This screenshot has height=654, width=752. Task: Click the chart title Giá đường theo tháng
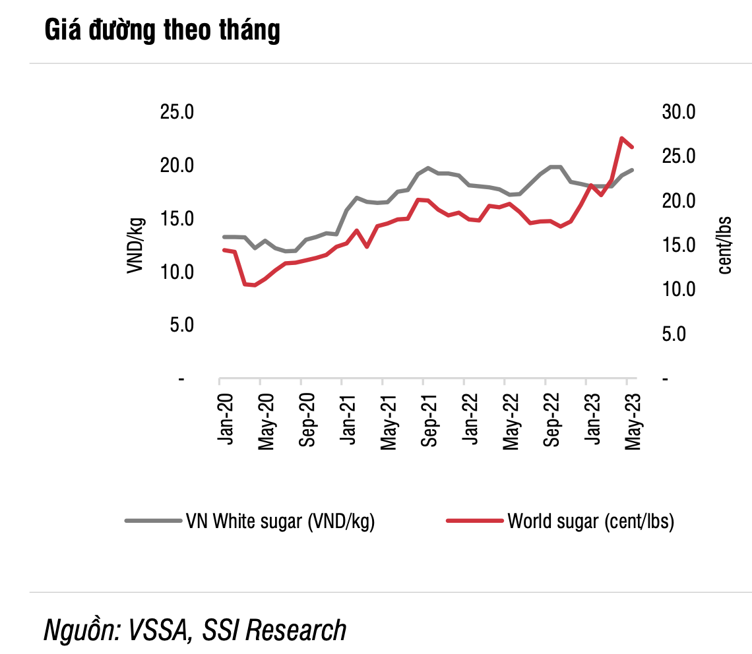(162, 31)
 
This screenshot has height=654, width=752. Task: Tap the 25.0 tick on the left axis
(176, 112)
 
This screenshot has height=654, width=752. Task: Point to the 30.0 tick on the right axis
(679, 112)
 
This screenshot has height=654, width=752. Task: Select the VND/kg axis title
(135, 245)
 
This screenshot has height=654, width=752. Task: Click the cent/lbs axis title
(725, 245)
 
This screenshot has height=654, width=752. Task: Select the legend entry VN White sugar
(281, 521)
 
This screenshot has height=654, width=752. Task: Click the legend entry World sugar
(590, 521)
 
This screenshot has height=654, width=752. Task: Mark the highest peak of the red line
(621, 138)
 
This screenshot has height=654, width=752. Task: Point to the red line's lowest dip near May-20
(255, 285)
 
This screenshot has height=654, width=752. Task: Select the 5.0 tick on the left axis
(176, 325)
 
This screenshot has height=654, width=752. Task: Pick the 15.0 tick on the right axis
(679, 245)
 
